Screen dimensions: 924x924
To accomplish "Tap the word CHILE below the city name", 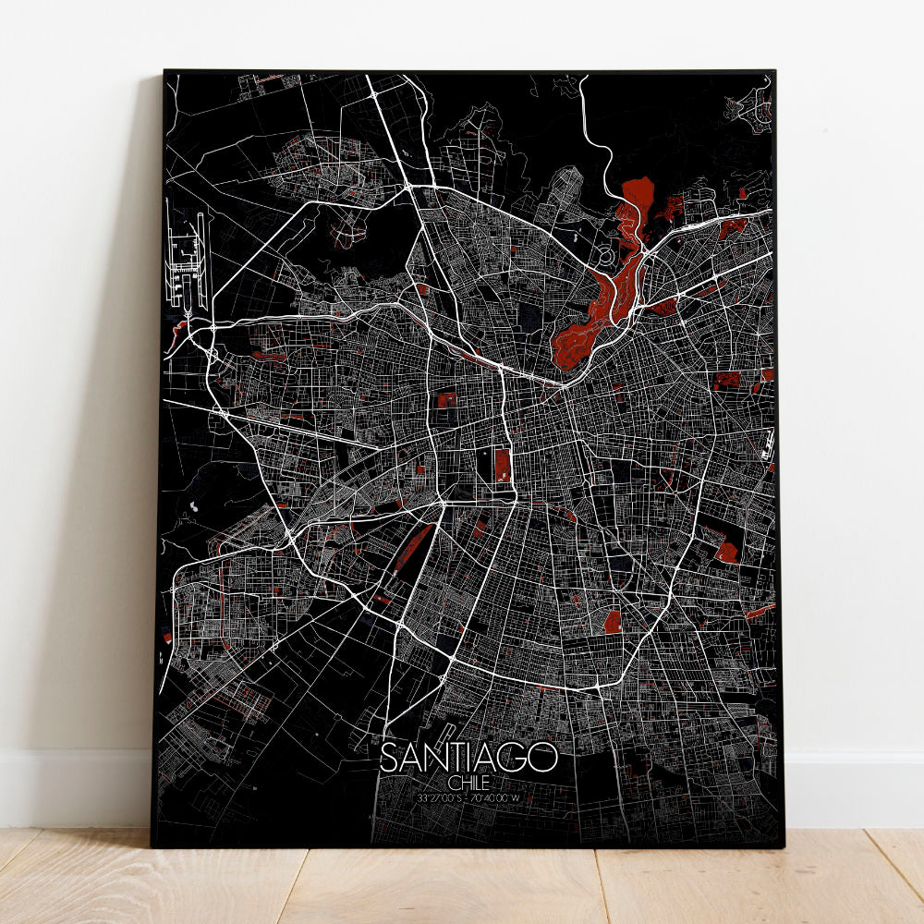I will point(469,782).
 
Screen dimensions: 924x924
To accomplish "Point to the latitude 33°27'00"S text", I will point(440,796).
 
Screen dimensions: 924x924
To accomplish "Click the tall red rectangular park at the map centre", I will point(502,465).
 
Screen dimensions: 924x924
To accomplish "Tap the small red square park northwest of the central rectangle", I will point(446,400).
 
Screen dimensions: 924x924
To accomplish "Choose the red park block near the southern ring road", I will point(612,622).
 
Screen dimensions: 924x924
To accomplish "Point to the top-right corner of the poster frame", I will point(774,72).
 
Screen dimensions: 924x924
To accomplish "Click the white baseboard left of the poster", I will point(74,785).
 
